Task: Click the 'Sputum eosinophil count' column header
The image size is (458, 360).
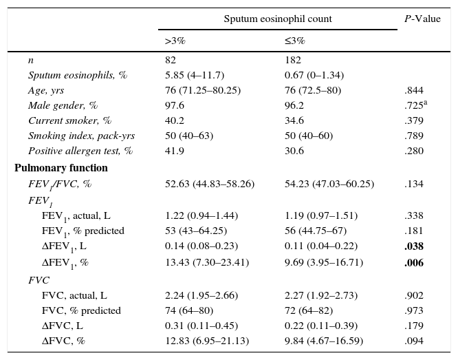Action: pos(278,19)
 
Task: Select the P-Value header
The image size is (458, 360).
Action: pos(422,19)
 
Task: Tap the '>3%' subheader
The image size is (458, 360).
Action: pos(175,41)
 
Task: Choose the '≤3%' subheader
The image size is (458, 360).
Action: pos(295,41)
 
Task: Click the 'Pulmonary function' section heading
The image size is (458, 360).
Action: pos(61,168)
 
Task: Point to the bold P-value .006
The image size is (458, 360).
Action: pos(414,263)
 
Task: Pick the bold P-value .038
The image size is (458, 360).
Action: pos(414,247)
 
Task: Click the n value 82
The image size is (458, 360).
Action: pos(171,61)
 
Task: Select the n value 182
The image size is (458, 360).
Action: pos(293,61)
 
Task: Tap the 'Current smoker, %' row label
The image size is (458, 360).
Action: pos(69,120)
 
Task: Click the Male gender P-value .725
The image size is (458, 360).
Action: pos(415,105)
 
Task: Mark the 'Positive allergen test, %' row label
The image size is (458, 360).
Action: pos(80,151)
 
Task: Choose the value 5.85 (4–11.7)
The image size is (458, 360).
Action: pos(195,75)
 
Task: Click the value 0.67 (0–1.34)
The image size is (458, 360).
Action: pos(314,75)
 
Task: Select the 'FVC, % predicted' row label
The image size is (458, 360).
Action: pos(81,311)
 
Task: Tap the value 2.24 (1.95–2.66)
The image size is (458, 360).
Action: pos(201,296)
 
